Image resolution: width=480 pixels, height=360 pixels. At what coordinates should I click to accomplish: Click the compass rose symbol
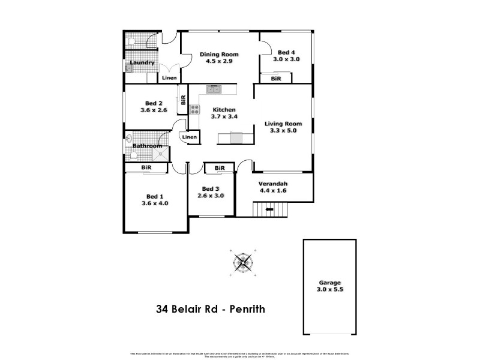(x=244, y=262)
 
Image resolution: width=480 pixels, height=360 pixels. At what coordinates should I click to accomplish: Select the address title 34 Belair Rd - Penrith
(x=210, y=310)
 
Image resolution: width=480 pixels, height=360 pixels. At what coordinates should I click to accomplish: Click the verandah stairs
(x=270, y=211)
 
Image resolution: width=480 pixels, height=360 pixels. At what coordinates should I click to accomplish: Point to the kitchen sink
(x=214, y=89)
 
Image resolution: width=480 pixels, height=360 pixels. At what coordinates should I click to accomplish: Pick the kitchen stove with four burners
(x=195, y=109)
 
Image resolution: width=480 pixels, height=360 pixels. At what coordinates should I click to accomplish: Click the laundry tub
(x=129, y=68)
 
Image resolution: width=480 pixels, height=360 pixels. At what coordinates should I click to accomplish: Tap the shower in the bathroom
(x=161, y=155)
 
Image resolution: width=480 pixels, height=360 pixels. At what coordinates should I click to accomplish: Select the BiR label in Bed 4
(x=276, y=79)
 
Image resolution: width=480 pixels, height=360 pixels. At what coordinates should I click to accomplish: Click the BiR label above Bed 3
(x=219, y=168)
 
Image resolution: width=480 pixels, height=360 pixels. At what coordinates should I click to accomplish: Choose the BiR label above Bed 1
(x=146, y=168)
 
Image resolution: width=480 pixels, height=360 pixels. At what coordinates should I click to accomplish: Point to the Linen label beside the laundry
(x=169, y=78)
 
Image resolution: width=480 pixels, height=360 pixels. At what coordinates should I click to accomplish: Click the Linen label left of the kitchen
(x=190, y=137)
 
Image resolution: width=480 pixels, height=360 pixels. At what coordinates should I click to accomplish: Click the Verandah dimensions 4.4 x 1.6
(x=274, y=191)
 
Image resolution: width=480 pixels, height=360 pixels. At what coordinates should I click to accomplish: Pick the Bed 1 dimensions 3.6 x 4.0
(x=155, y=203)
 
